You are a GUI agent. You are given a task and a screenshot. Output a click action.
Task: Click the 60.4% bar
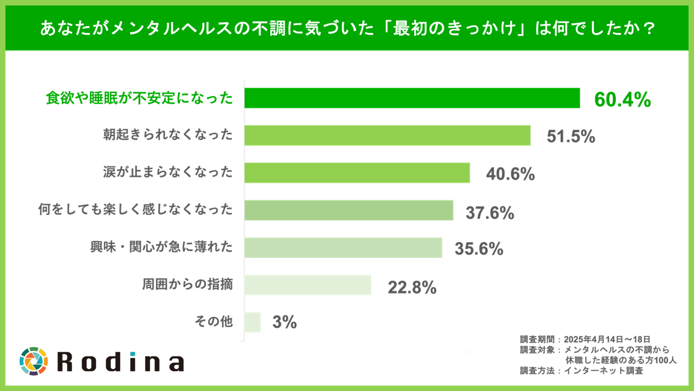[x=412, y=98]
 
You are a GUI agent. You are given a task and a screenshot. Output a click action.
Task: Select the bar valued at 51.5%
[x=388, y=135]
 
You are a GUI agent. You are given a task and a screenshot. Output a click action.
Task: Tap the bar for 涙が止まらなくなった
[x=357, y=173]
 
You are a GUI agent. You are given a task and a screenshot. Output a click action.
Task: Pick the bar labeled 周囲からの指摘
[x=308, y=285]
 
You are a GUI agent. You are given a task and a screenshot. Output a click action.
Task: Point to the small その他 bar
[x=253, y=322]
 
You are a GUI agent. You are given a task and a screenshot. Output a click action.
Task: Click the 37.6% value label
[x=490, y=213]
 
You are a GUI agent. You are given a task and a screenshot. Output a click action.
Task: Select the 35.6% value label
[x=479, y=249]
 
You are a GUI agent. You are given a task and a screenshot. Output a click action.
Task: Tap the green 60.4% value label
[x=622, y=100]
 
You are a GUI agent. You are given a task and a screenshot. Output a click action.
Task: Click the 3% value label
[x=285, y=323]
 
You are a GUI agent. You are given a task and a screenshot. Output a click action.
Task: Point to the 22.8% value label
[x=412, y=288]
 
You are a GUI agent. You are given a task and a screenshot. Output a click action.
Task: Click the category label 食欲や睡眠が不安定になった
[x=140, y=99]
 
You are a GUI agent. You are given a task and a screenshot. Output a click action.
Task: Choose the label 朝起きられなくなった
[x=168, y=135]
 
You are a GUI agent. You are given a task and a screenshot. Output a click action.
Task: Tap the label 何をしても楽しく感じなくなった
[x=135, y=210]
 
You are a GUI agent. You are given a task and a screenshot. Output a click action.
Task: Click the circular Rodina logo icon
[x=34, y=361]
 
